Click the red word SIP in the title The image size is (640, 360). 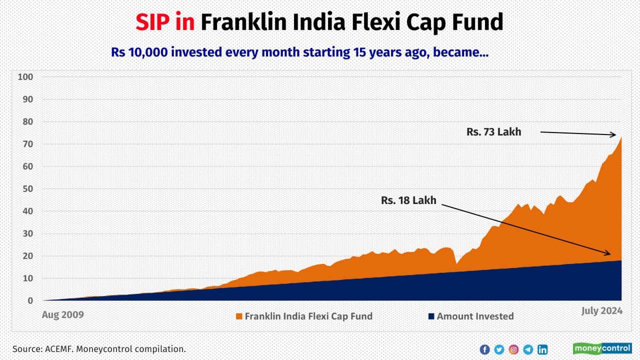point(153,22)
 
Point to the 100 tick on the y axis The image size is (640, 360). point(25,77)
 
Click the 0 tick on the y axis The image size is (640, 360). point(30,301)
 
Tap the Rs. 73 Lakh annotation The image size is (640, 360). point(493,132)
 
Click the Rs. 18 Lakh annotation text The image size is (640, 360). point(408,200)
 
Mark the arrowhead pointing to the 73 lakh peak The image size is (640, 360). point(613,135)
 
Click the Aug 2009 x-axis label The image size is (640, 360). point(62,314)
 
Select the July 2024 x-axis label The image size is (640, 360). point(602,311)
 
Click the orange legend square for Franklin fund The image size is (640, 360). point(239,316)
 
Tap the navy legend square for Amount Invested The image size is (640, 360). point(431,316)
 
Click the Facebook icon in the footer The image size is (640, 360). point(484,349)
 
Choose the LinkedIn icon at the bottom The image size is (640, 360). point(542,349)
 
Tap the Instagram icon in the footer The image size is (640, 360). point(513,349)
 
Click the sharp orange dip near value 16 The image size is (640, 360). point(456,263)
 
